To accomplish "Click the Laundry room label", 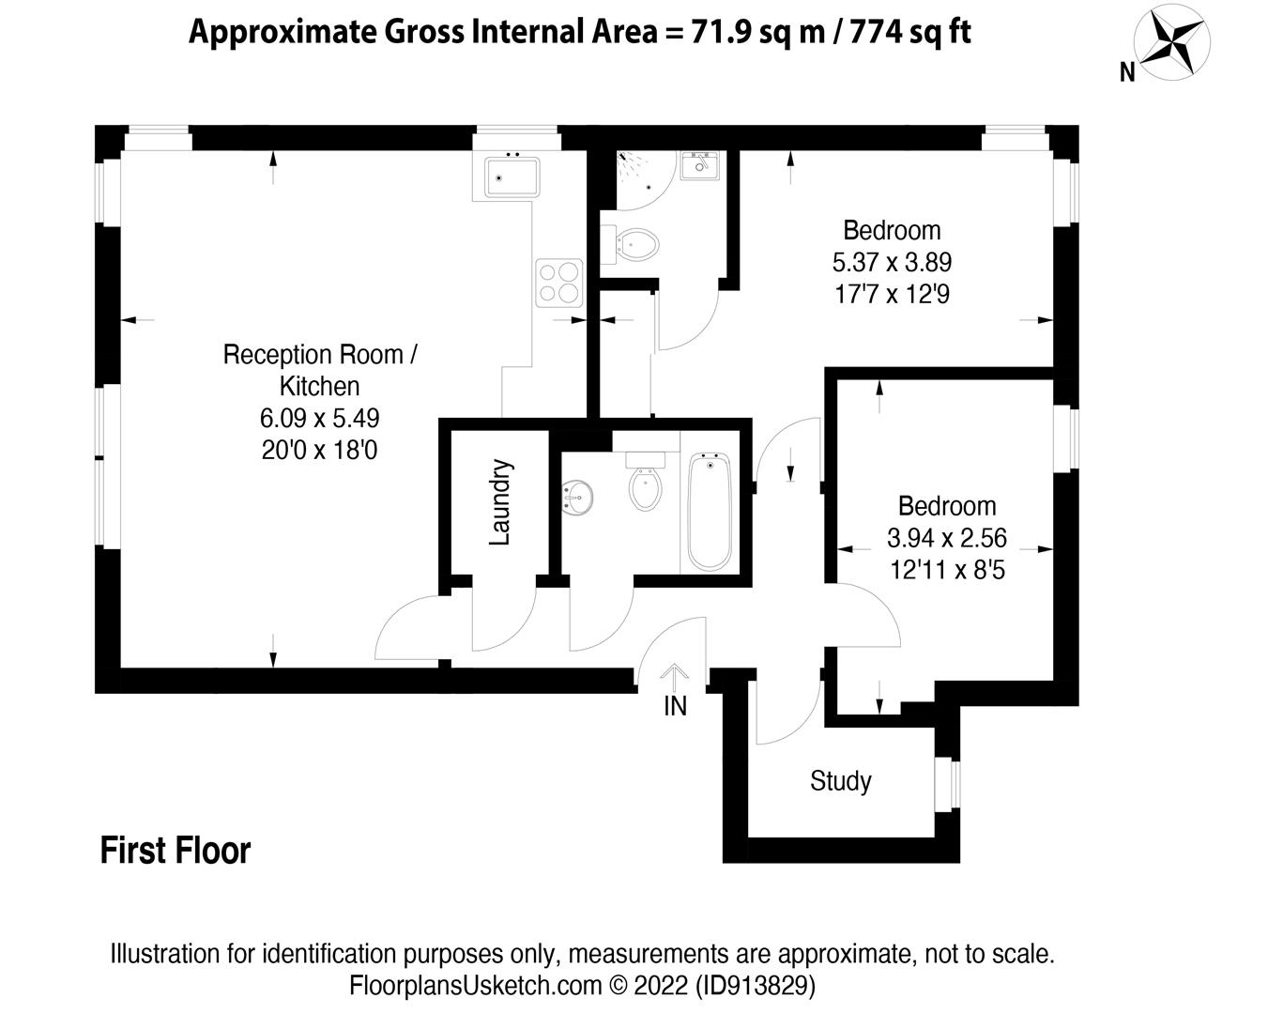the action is click(x=500, y=501).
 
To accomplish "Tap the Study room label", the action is click(x=840, y=781).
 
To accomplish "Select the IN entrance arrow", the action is click(x=674, y=677).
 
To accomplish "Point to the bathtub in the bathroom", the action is click(x=710, y=511).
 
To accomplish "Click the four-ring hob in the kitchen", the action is click(x=559, y=283).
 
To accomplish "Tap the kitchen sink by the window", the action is click(x=512, y=177).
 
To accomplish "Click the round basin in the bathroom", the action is click(x=576, y=498).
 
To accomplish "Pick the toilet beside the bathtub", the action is click(x=645, y=481).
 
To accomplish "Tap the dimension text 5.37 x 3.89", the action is click(x=892, y=262).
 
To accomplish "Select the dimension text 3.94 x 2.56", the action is click(x=946, y=538).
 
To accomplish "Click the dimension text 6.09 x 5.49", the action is click(x=319, y=418).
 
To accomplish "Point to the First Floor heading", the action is click(x=175, y=850).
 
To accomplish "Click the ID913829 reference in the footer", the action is click(x=756, y=986).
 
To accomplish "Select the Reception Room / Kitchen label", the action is click(x=319, y=370).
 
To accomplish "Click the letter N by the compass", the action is click(x=1127, y=72).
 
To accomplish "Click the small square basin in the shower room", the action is click(x=699, y=165).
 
